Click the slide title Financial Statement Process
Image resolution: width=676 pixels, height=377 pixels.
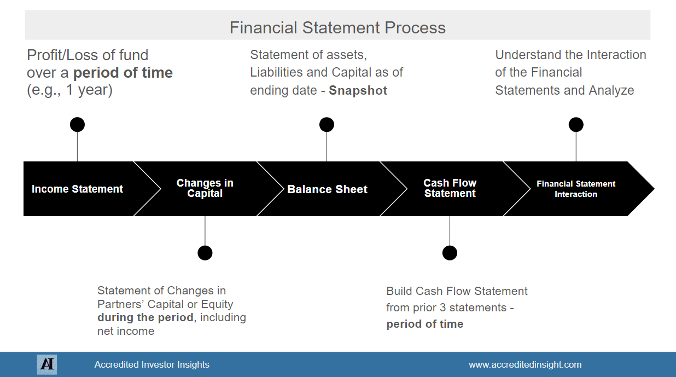click(x=337, y=27)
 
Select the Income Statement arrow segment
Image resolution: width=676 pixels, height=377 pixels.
click(x=78, y=189)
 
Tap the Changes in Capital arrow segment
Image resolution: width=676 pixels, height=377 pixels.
click(x=205, y=188)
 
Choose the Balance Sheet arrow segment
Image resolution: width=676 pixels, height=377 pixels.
click(x=327, y=189)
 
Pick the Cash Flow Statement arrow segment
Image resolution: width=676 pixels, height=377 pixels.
click(x=450, y=188)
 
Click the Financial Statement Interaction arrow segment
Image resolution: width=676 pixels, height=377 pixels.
click(x=576, y=189)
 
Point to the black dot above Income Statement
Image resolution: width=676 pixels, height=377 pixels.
click(x=77, y=125)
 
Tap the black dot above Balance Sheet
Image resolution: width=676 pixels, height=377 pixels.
click(x=327, y=125)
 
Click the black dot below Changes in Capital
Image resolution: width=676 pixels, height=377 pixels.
click(x=205, y=253)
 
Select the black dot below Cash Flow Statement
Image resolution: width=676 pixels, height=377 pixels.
click(x=450, y=253)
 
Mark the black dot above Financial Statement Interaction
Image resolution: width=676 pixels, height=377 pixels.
click(x=576, y=125)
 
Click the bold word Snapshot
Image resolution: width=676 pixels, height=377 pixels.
click(x=358, y=91)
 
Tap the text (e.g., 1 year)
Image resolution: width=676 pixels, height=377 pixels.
click(x=70, y=90)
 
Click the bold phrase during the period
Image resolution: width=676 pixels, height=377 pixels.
click(x=145, y=318)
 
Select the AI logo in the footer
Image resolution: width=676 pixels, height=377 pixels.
click(x=47, y=364)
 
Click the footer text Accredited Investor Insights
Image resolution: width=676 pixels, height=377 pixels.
click(x=151, y=364)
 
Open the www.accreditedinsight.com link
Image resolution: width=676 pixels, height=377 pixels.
click(x=525, y=364)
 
